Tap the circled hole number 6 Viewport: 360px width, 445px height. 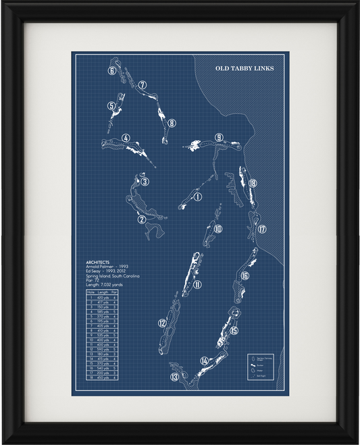[111, 70]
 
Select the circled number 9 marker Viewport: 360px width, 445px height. [219, 138]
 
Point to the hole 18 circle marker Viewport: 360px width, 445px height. [252, 183]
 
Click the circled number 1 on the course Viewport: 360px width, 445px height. [198, 197]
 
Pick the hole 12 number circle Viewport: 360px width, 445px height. [162, 323]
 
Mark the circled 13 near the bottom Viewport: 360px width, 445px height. [174, 377]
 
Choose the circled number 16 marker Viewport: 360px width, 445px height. [245, 276]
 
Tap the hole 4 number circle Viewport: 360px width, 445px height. [126, 139]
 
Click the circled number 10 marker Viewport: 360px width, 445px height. [218, 229]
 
